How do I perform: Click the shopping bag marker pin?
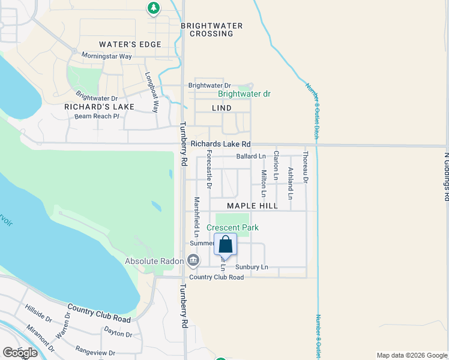point(225,245)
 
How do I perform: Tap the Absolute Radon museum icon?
point(193,260)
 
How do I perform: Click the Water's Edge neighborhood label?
point(130,44)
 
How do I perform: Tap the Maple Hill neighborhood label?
point(252,205)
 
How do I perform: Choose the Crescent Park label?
point(232,227)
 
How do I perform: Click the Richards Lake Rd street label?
point(220,144)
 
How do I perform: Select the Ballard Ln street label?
point(251,156)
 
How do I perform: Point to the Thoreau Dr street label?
point(306,167)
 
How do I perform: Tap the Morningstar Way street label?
point(107,56)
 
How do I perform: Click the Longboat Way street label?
point(151,93)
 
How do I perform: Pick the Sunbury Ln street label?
point(252,266)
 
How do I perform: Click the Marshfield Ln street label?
point(196,217)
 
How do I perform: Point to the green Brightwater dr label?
point(244,94)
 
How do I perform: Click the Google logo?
point(20,353)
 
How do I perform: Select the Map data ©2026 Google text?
point(411,355)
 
